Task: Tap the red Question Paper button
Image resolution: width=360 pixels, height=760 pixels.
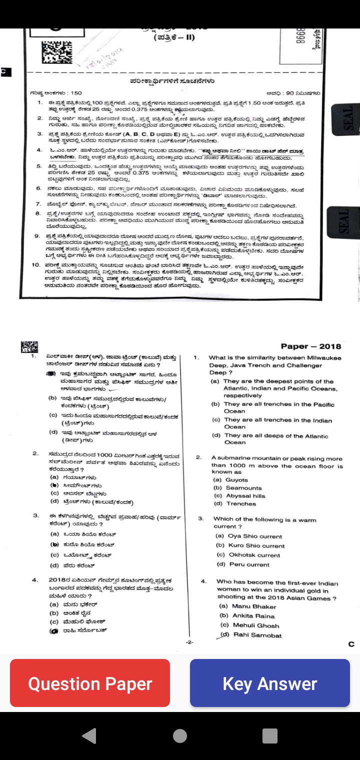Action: click(90, 683)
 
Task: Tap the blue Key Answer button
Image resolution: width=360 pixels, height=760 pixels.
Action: click(270, 683)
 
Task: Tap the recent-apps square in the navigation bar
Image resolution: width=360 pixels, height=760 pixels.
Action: click(270, 735)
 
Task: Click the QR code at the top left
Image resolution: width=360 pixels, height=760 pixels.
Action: click(53, 52)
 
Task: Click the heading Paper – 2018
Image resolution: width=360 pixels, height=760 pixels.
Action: click(310, 346)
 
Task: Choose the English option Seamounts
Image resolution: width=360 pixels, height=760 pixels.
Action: click(243, 488)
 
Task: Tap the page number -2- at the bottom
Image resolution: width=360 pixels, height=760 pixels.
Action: click(189, 642)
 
